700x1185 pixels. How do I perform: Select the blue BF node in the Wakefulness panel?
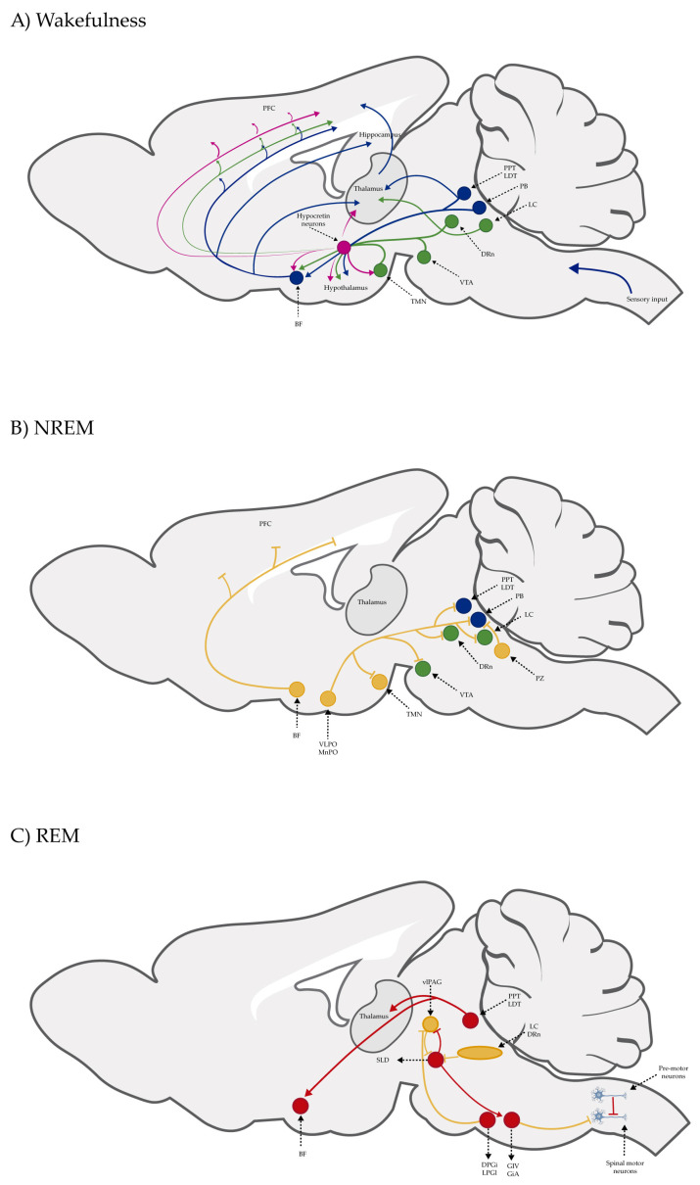[x=297, y=278]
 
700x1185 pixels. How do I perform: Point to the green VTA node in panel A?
[x=424, y=258]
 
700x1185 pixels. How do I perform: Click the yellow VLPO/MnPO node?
[x=329, y=698]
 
